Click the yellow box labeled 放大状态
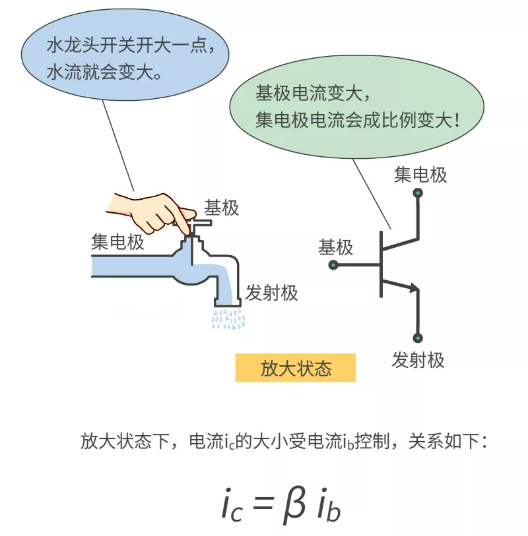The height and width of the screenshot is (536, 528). pos(295,368)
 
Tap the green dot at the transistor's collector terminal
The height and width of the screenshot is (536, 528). pos(418,193)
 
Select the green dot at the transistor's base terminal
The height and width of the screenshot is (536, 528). pos(333,265)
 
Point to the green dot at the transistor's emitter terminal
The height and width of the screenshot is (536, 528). pos(418,338)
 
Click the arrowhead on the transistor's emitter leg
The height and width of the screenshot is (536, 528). pos(413,288)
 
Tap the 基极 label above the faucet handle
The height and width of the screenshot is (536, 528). pos(221,208)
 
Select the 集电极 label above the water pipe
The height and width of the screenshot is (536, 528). pos(117,242)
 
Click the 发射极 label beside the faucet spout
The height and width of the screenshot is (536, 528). pos(272,293)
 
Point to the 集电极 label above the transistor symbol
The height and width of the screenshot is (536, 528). pos(420,175)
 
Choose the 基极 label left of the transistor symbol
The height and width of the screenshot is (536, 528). pos(335,247)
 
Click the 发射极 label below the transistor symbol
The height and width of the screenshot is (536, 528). pos(418,360)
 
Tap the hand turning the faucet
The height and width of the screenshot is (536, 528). pos(150,214)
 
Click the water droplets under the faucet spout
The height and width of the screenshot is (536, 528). pos(228,319)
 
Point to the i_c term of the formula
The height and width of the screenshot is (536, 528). pos(232,506)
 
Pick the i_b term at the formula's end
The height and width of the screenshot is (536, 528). pos(329,505)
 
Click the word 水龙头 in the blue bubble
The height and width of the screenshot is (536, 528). pos(73,45)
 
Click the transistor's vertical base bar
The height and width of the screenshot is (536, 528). pos(381,264)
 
